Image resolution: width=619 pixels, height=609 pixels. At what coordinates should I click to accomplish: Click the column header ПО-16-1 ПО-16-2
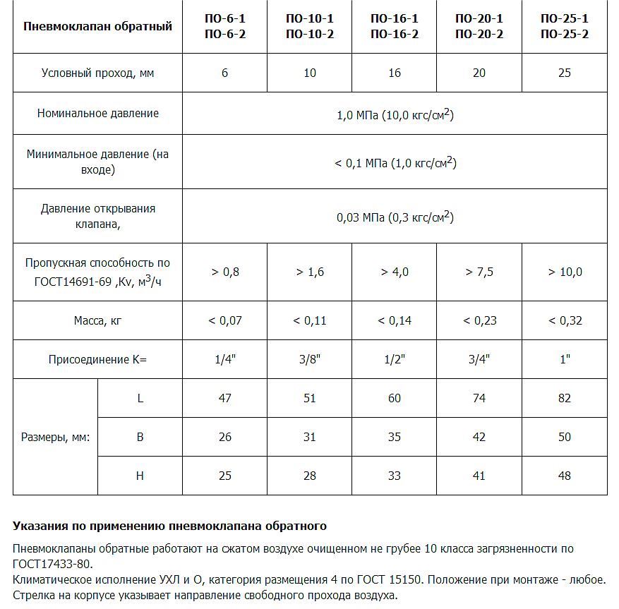click(394, 26)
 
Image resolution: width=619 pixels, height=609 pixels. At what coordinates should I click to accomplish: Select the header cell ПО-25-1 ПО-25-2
click(564, 26)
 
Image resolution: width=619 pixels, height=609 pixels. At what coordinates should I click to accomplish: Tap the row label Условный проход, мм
click(97, 73)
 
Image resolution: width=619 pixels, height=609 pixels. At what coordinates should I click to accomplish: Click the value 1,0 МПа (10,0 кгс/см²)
click(395, 114)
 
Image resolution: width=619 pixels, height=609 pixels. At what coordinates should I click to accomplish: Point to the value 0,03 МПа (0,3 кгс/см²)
click(395, 217)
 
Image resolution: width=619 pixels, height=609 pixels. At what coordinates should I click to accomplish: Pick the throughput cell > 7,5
click(479, 272)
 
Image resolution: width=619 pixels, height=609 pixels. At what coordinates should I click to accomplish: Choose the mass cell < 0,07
click(224, 320)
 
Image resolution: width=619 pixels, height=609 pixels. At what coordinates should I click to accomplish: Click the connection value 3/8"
click(309, 359)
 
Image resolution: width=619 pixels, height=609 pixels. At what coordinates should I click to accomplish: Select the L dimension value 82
click(564, 398)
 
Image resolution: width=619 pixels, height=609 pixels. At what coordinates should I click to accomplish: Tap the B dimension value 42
click(479, 437)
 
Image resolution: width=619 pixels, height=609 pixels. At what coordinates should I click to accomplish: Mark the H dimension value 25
click(224, 476)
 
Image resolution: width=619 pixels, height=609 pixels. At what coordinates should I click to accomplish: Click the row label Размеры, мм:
click(55, 437)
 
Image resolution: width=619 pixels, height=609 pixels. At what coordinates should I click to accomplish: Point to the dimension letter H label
click(140, 476)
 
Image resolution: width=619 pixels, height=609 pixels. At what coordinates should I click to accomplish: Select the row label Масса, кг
click(97, 320)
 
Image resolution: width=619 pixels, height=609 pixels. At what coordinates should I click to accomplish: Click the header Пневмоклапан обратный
click(97, 27)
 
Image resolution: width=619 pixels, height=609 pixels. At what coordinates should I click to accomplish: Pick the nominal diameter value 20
click(479, 73)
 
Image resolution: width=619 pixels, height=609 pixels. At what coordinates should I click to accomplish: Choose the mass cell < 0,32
click(564, 320)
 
